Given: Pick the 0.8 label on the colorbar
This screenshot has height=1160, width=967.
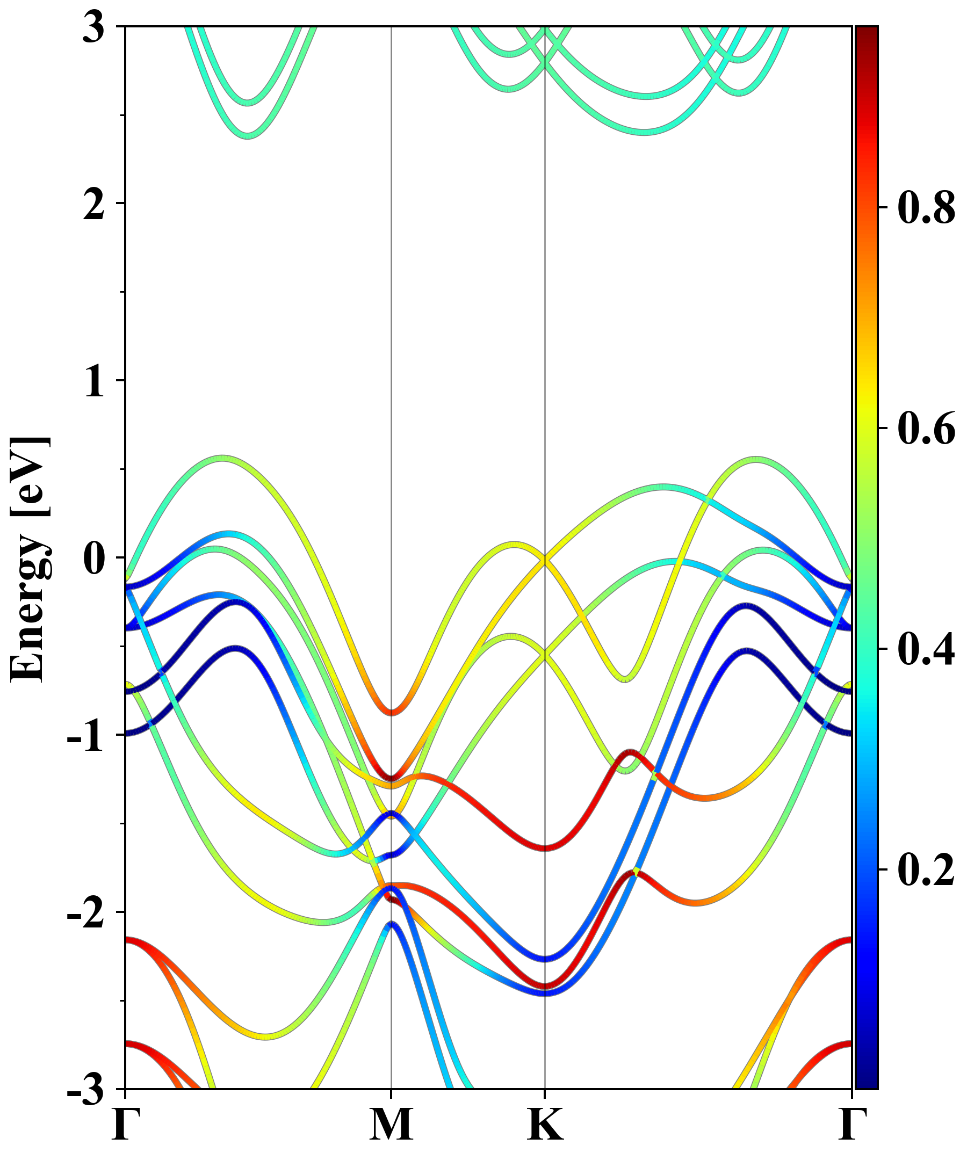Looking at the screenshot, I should point(926,208).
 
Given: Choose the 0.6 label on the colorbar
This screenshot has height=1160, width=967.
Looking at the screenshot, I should point(926,429).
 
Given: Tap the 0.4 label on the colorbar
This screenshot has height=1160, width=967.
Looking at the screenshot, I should point(926,649).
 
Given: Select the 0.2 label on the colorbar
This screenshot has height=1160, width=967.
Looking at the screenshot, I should point(926,870).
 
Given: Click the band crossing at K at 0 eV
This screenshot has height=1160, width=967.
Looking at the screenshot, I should point(545,560).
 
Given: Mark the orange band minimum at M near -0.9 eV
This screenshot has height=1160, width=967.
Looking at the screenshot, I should point(391,712).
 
